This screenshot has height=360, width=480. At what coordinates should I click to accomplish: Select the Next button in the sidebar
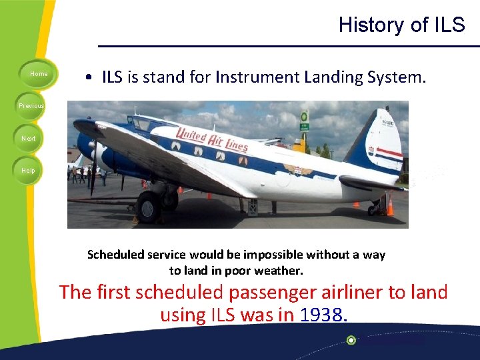(27, 138)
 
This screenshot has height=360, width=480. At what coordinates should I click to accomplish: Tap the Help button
(27, 170)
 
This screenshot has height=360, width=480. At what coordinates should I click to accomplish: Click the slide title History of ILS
(401, 25)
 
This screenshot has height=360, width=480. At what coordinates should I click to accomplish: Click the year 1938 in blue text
(321, 315)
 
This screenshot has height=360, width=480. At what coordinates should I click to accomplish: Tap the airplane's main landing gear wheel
(147, 207)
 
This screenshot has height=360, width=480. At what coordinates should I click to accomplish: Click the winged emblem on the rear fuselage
(297, 169)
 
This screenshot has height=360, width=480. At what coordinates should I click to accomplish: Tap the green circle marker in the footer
(351, 340)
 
